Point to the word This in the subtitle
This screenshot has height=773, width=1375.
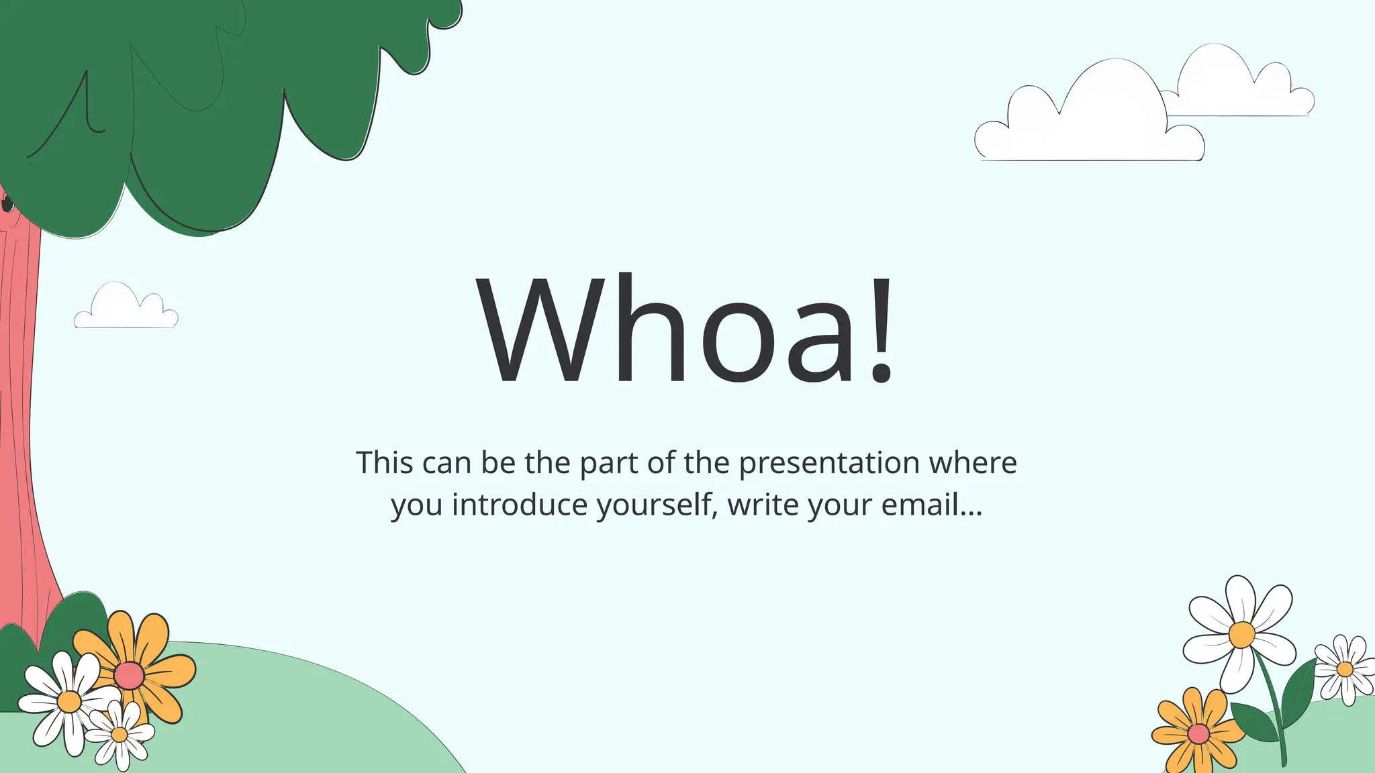click(x=384, y=463)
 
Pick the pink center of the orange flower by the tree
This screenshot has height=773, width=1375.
click(x=128, y=676)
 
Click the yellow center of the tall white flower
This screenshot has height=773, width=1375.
click(x=1241, y=634)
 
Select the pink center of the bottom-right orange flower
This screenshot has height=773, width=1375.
click(x=1198, y=734)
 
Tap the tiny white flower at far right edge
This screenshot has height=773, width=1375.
click(x=1345, y=669)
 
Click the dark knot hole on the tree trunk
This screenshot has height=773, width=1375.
click(x=7, y=203)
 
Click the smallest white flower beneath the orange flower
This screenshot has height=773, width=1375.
click(x=120, y=734)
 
